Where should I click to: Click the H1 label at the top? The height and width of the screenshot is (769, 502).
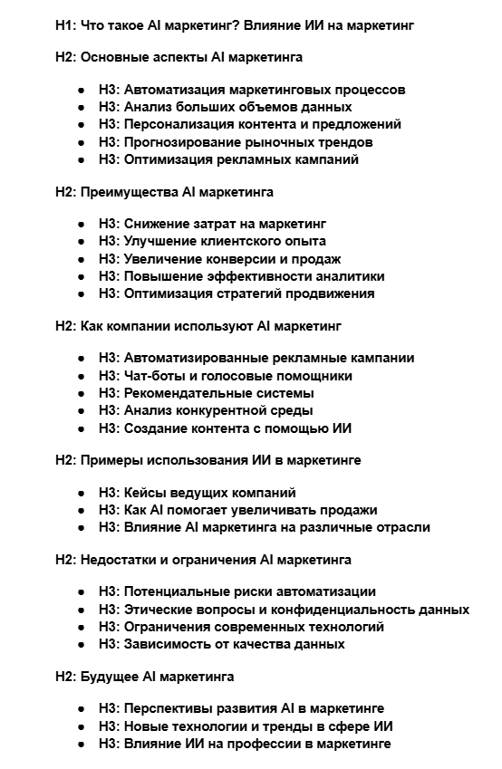(x=66, y=26)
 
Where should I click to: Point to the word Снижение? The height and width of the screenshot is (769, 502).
(x=153, y=224)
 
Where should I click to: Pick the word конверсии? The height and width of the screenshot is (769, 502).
(x=230, y=259)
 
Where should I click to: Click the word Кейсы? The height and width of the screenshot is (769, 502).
(x=144, y=493)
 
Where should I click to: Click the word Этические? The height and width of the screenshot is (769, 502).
(x=157, y=610)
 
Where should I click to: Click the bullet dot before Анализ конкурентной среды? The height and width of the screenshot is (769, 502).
(x=82, y=411)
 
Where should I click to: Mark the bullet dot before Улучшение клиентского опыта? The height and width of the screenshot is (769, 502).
(x=82, y=242)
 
